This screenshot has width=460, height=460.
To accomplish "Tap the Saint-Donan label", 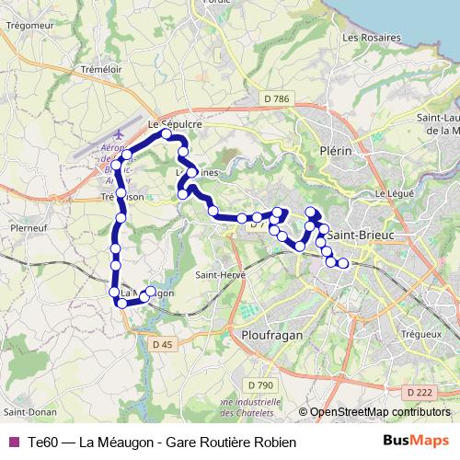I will click(x=26, y=410).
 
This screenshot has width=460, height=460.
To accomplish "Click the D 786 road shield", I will click(x=276, y=98).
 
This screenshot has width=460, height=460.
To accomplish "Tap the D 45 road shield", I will click(x=162, y=344).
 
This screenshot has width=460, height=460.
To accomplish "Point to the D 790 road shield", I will click(x=259, y=384).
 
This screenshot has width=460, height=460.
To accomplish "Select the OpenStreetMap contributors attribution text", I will click(x=380, y=412).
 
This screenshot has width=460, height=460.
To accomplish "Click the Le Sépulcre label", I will click(x=174, y=121).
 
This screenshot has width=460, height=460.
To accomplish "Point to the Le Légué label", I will click(x=390, y=195).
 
